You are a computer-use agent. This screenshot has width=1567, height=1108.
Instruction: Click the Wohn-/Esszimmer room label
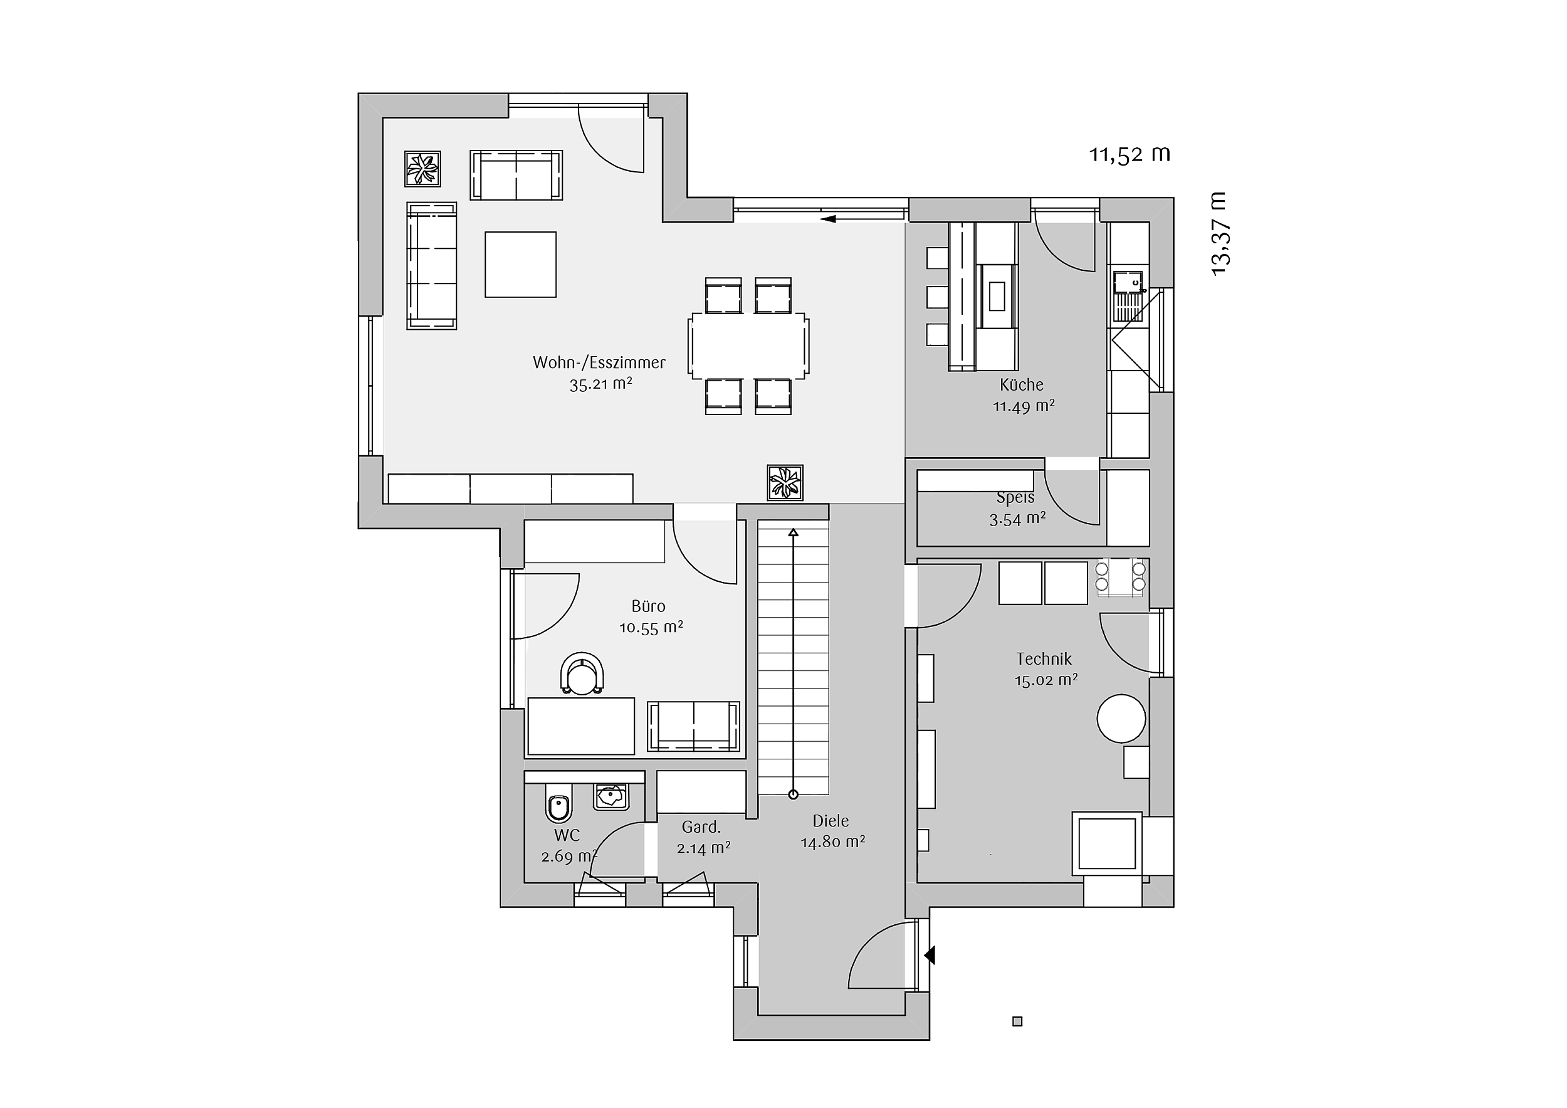(x=599, y=362)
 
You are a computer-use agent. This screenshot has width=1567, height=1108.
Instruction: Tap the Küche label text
(x=1022, y=384)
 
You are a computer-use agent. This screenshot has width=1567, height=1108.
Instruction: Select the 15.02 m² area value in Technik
(x=1046, y=680)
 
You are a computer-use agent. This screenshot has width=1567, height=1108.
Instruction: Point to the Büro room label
(x=648, y=606)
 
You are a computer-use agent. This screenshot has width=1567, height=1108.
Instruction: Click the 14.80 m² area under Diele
(x=832, y=842)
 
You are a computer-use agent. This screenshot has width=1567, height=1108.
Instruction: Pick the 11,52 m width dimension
(x=1129, y=155)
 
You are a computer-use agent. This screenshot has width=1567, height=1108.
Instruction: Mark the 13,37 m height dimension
(x=1219, y=234)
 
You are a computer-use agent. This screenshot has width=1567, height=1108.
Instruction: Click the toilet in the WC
(x=559, y=803)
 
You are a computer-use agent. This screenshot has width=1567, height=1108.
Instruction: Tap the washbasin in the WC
(x=611, y=797)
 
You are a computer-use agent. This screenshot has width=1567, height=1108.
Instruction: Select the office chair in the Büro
(x=582, y=673)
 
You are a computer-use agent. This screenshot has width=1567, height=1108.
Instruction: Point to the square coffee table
(x=521, y=264)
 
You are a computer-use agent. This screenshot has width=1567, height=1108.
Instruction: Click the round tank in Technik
(x=1121, y=718)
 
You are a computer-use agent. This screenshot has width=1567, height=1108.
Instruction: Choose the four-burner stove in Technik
(x=1121, y=577)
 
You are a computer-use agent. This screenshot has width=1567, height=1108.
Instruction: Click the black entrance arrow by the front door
(x=929, y=955)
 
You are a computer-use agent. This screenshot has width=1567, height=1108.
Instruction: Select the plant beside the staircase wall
(x=785, y=483)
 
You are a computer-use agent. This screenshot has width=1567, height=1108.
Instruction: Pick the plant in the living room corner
(x=422, y=169)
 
